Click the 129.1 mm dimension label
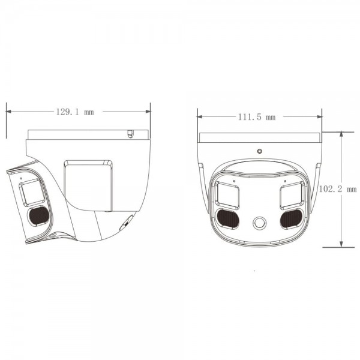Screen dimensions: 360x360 point(75,112)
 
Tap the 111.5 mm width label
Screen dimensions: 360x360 point(260,118)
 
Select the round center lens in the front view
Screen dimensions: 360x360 point(259,223)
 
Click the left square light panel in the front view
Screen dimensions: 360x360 point(228,194)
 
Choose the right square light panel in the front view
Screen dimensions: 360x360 point(291,194)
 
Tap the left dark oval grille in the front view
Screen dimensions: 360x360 point(227,218)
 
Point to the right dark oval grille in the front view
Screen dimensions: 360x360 point(291,218)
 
